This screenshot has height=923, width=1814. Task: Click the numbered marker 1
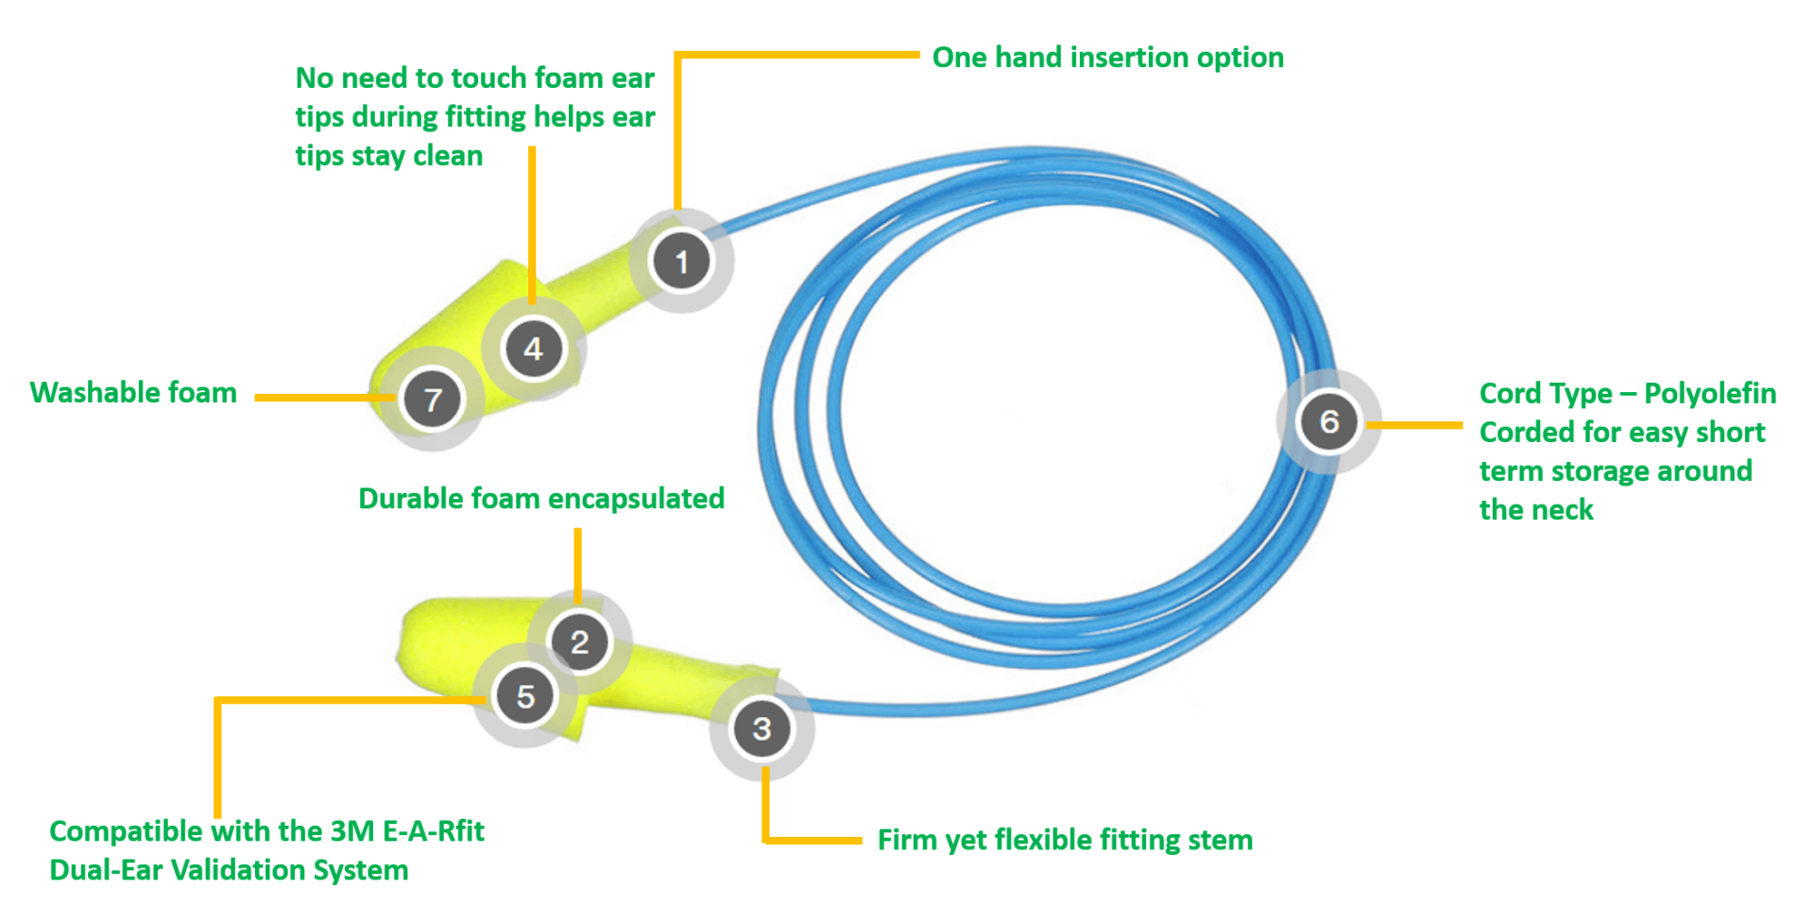point(681,261)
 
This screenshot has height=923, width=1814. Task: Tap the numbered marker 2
point(579,642)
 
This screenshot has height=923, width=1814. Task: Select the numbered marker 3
point(762,728)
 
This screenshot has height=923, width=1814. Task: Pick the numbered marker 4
point(534,349)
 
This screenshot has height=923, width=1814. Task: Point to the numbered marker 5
point(525,696)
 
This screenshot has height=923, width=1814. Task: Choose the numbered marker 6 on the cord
point(1328,421)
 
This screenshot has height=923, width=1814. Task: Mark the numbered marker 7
point(433,399)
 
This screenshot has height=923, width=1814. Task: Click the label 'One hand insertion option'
point(1107,58)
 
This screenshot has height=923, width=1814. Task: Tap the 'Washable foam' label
point(133,392)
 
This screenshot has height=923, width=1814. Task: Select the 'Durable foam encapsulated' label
point(541,499)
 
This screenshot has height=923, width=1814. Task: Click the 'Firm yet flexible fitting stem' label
point(1065,840)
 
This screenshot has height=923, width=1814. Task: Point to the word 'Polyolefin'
point(1710,393)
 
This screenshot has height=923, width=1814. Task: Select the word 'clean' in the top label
point(448,156)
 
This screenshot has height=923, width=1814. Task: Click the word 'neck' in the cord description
point(1562,510)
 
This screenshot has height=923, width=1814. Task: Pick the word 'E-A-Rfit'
point(434,831)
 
